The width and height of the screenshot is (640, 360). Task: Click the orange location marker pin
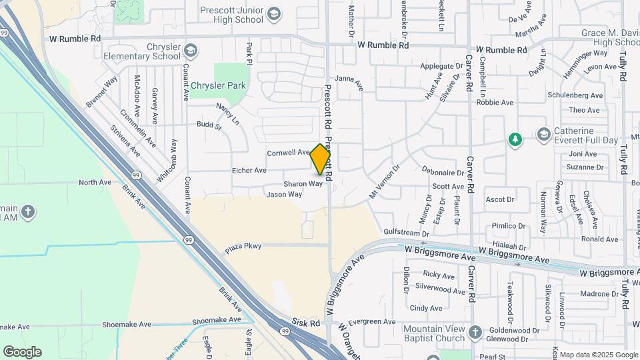[320, 159]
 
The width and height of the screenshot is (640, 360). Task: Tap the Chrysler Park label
[218, 86]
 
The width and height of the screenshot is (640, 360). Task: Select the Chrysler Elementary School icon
[191, 51]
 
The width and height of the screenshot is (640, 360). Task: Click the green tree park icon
[515, 139]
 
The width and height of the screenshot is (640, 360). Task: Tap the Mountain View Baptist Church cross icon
[475, 332]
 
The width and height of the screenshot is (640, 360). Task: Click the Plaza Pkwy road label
[243, 247]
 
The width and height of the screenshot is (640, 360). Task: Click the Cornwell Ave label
[289, 153]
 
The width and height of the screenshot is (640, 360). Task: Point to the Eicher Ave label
[249, 171]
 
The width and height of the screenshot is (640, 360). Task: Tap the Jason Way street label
[284, 195]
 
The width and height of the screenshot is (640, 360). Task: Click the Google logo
[22, 352]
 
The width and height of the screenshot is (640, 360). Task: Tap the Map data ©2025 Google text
[599, 355]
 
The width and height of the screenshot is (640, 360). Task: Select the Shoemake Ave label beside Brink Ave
[217, 320]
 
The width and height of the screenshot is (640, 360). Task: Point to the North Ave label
[95, 182]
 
